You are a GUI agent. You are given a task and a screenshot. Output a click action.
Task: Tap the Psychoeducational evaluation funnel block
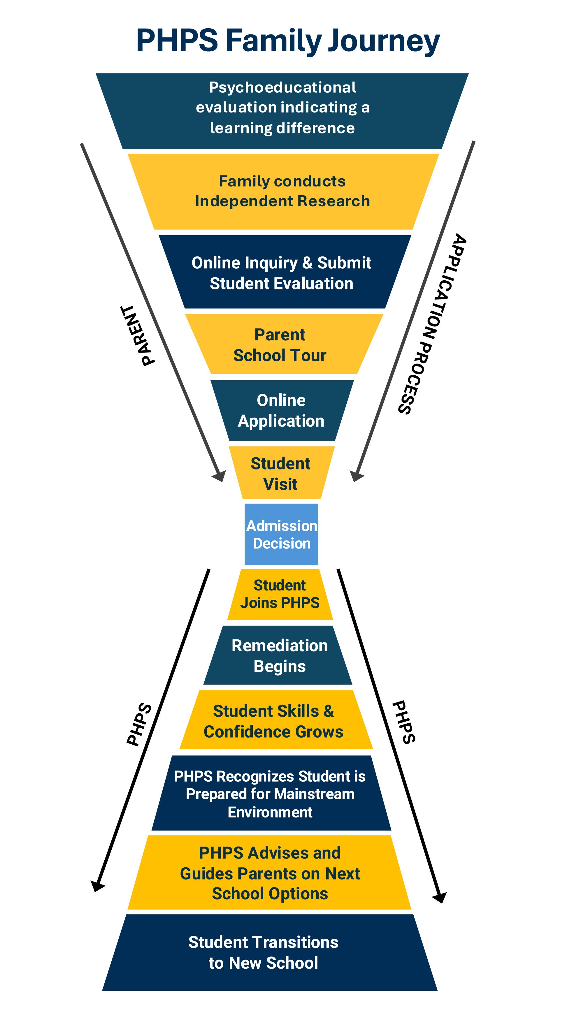click(282, 108)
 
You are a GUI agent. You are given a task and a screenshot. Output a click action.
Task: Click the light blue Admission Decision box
click(281, 534)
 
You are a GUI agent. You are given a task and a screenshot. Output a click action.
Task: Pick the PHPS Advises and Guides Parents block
click(270, 873)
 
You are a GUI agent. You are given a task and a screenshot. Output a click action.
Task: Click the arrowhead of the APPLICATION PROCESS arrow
click(356, 476)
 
